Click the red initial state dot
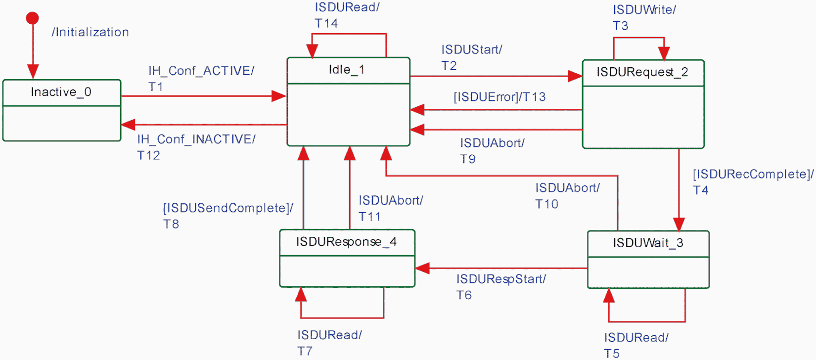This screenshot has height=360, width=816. [x=33, y=18]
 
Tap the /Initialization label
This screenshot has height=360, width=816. [x=91, y=32]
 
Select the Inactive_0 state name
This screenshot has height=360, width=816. [x=61, y=92]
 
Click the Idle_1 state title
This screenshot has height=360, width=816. [x=347, y=70]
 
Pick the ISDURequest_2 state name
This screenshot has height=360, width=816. [x=642, y=72]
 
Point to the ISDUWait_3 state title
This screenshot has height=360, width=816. [x=648, y=243]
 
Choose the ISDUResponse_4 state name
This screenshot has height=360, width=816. [x=346, y=242]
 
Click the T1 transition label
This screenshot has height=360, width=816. [x=156, y=87]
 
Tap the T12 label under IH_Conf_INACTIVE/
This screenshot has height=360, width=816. [x=148, y=155]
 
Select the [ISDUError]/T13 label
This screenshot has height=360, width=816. [x=499, y=97]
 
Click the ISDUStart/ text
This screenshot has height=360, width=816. [x=472, y=49]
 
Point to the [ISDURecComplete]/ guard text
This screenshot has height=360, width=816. [x=753, y=174]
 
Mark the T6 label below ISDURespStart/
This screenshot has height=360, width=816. [x=464, y=295]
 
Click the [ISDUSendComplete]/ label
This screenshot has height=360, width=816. [x=228, y=208]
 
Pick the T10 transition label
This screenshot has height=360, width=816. [x=546, y=204]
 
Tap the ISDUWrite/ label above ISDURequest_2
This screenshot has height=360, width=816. [x=644, y=10]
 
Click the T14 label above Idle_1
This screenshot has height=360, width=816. [x=326, y=23]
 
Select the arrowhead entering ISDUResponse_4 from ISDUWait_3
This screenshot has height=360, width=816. [x=422, y=269]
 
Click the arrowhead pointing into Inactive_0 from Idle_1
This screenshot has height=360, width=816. [x=128, y=125]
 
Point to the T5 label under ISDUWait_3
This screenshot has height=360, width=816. [x=612, y=354]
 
